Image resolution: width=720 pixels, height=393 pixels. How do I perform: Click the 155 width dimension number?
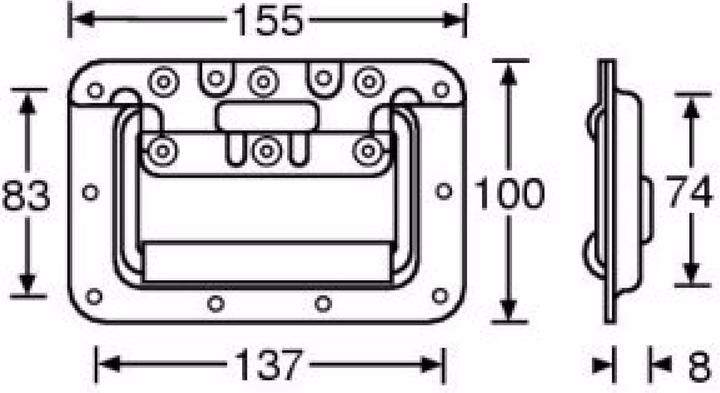click(268, 21)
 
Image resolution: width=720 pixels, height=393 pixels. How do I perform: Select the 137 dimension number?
click(269, 365)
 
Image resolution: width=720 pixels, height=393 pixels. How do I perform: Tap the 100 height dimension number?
click(509, 194)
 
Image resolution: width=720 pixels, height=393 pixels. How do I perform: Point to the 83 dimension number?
click(26, 196)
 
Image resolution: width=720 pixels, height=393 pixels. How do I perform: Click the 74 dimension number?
click(690, 192)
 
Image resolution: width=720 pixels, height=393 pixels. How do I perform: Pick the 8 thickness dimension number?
click(699, 367)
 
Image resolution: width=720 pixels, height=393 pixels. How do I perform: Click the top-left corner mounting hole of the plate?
click(95, 90)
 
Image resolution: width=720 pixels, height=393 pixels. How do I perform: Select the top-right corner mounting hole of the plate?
click(441, 90)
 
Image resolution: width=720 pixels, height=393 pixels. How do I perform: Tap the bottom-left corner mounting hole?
click(94, 297)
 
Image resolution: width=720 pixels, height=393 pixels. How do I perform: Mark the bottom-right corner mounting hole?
click(440, 296)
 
